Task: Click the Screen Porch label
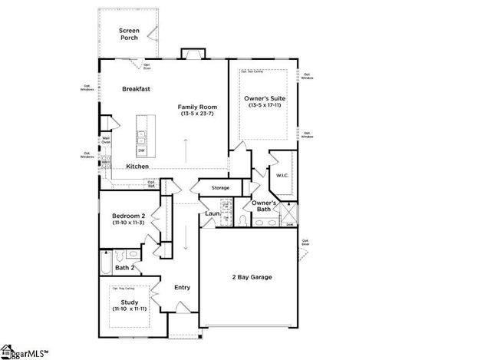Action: [128, 34]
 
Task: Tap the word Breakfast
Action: [135, 89]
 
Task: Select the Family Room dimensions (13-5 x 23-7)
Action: [198, 114]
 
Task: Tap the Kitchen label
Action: [137, 167]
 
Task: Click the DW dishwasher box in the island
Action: [141, 150]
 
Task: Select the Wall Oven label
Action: [106, 140]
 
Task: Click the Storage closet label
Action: [220, 187]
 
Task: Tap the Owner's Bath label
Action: [264, 206]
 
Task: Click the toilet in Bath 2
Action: [133, 254]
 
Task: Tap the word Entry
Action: [182, 288]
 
